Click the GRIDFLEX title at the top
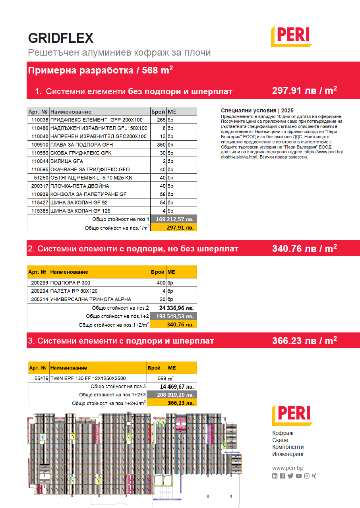coord(61,38)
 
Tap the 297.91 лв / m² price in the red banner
coord(304,91)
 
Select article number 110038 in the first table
coord(39,120)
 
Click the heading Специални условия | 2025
coord(257,110)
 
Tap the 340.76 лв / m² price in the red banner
coord(304,249)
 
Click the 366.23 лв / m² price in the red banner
coord(304,340)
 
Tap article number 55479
coord(41,379)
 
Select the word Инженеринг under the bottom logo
coord(288,454)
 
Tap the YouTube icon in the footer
coord(298,476)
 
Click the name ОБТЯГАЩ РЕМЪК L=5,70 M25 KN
coord(91,178)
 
